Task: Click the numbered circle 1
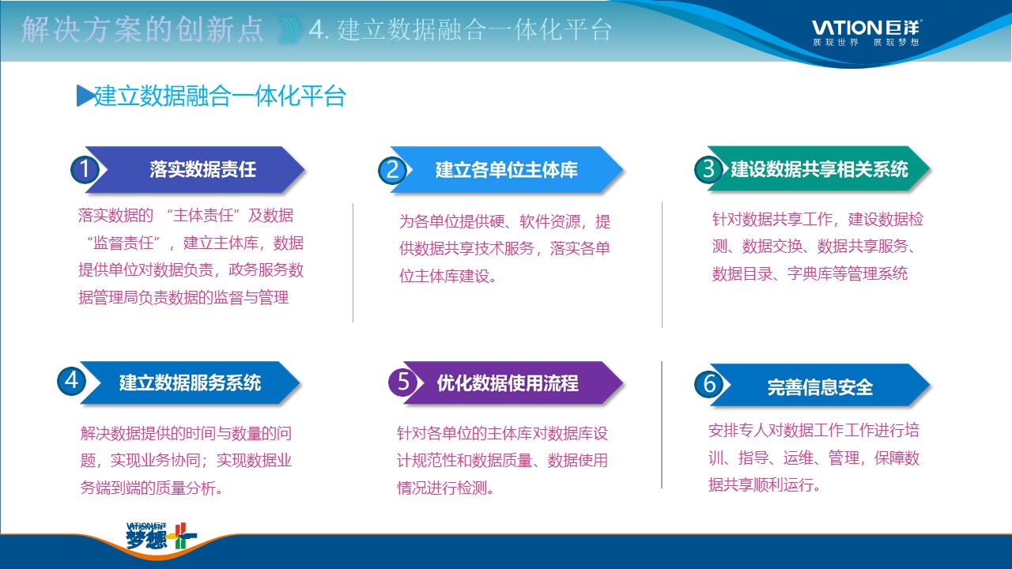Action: [85, 169]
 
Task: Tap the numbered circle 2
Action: [392, 170]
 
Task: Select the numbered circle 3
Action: [708, 169]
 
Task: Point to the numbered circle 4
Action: [72, 381]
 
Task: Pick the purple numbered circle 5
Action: [403, 382]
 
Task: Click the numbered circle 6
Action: [709, 384]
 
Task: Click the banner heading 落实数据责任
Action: [203, 169]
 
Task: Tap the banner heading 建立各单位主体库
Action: [507, 170]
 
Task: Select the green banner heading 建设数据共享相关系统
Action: [819, 169]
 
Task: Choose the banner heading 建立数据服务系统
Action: [191, 382]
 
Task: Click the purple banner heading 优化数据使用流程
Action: [508, 383]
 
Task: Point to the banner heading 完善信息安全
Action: [820, 387]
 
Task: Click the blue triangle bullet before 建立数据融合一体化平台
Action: [85, 96]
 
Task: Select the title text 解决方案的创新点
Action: [142, 30]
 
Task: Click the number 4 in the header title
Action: [318, 30]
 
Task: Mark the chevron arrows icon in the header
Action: [289, 30]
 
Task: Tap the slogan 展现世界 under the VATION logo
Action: [836, 43]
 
